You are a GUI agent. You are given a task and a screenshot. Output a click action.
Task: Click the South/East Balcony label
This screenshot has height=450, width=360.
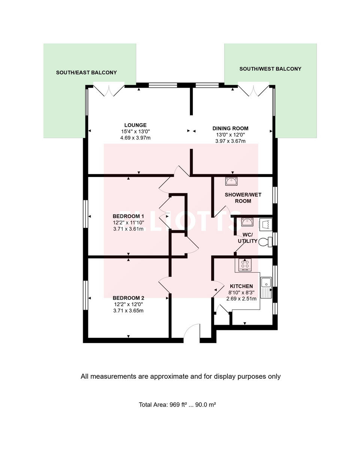[86, 72]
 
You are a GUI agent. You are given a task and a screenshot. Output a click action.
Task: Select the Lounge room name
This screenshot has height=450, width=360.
[136, 125]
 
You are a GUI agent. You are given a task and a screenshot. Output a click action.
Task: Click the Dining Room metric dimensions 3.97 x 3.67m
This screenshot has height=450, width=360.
[230, 141]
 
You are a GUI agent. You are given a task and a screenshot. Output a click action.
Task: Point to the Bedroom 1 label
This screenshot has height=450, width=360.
[128, 216]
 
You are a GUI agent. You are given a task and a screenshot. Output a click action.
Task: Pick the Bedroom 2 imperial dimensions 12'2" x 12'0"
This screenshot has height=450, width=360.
[128, 304]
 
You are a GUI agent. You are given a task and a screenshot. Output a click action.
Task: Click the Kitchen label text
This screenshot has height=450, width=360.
[241, 286]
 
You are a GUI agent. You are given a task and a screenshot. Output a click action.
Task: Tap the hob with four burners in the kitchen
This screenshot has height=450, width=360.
[245, 264]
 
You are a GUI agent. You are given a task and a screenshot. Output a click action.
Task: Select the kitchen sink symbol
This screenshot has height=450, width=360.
[266, 286]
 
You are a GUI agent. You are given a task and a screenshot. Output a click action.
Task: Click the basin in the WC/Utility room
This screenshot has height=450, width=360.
[246, 222]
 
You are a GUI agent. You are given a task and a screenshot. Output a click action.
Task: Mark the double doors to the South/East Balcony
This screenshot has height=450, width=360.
[109, 90]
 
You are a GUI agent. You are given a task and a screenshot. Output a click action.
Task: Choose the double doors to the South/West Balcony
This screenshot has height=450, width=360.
[254, 90]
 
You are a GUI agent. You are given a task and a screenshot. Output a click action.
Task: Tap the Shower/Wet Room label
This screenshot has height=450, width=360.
[238, 198]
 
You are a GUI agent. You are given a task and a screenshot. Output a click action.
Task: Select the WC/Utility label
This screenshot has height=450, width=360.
[247, 238]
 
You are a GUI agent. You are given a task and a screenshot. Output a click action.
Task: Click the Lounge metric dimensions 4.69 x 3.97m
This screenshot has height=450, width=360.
[136, 138]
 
